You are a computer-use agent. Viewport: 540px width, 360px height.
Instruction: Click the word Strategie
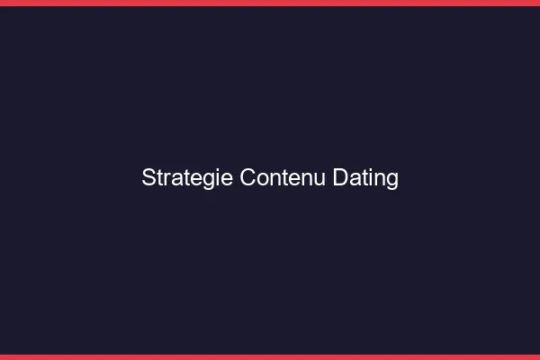tap(187, 178)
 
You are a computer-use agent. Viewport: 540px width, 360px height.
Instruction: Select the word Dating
tap(365, 178)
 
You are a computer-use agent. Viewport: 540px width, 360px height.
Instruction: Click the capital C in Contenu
tap(247, 178)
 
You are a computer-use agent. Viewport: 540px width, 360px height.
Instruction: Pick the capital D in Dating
tap(340, 178)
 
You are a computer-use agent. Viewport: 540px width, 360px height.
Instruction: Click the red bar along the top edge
tap(270, 3)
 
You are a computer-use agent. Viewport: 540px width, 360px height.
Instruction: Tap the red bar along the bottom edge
tap(270, 357)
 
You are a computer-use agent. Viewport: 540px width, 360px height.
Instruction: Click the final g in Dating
tap(392, 180)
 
